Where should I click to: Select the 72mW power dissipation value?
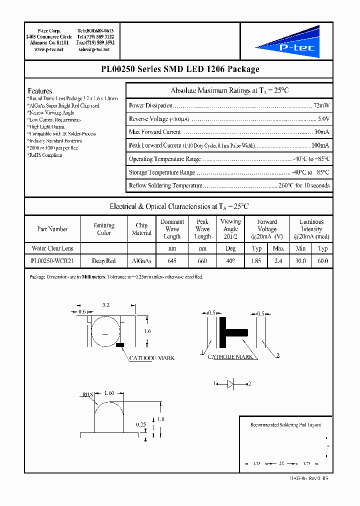(x=321, y=105)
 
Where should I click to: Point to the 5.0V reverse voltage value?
(x=323, y=119)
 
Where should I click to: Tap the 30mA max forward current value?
(x=321, y=132)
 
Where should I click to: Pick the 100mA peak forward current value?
(x=319, y=145)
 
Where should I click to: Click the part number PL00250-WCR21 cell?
(x=52, y=260)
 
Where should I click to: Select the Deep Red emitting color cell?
(x=104, y=260)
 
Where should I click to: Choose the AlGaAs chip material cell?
(x=141, y=260)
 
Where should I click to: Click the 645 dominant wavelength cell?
(x=172, y=260)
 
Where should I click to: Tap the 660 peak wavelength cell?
(x=202, y=260)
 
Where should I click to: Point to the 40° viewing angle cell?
(x=230, y=260)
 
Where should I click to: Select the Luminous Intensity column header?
(x=311, y=229)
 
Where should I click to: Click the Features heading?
(x=40, y=91)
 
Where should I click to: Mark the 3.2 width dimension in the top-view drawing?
(x=106, y=304)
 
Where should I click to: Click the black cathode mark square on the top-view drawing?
(x=120, y=345)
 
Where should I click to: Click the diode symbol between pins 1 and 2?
(x=230, y=383)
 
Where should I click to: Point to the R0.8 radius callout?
(x=87, y=394)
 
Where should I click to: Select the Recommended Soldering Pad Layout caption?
(x=285, y=425)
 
